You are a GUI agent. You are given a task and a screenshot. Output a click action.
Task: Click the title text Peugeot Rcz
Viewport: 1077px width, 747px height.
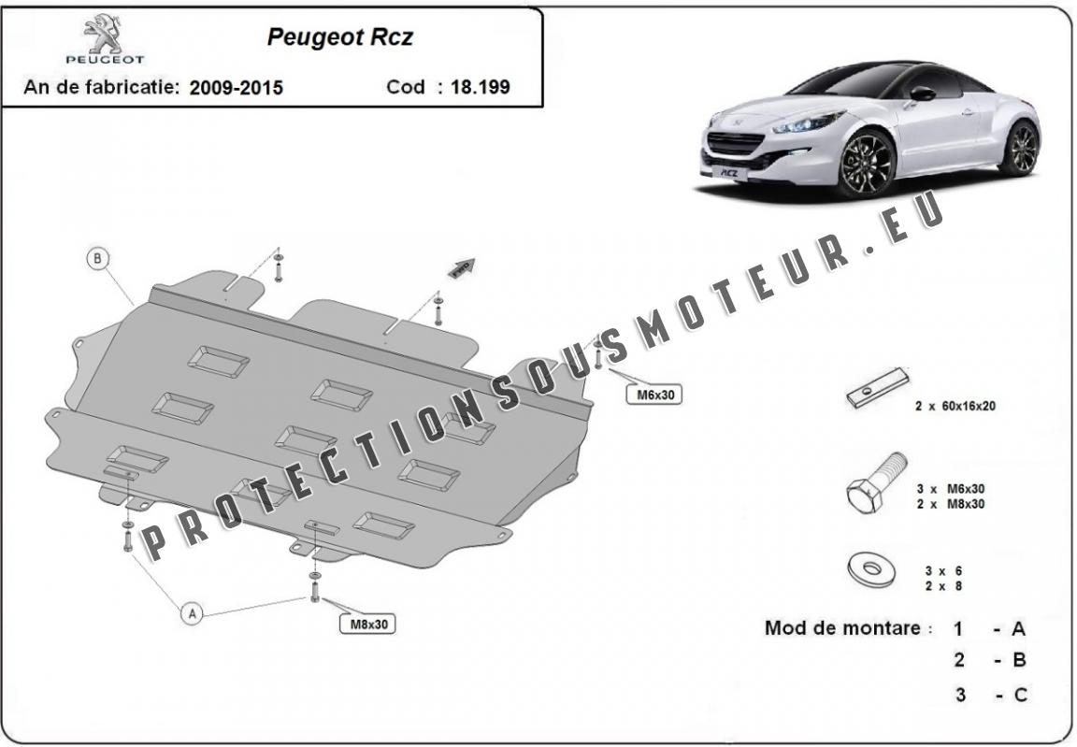[340, 36]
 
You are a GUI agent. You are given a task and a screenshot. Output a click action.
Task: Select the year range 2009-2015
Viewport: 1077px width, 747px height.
[237, 87]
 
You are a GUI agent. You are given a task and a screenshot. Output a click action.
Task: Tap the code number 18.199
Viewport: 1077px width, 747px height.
[481, 87]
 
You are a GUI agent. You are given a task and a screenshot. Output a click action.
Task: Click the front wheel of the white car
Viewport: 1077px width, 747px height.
[868, 164]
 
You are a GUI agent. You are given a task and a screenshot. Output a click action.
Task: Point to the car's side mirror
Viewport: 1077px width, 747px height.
[922, 93]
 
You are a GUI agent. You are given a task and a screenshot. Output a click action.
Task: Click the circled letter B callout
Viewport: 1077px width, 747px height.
[98, 259]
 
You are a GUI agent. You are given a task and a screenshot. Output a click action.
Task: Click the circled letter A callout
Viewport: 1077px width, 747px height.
[193, 613]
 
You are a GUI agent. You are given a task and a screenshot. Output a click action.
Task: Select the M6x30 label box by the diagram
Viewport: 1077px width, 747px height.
[654, 395]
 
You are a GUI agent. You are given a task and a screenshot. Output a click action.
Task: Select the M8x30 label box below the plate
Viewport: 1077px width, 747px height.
[368, 625]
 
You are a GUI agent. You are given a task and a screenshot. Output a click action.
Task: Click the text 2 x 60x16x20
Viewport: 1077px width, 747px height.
[955, 406]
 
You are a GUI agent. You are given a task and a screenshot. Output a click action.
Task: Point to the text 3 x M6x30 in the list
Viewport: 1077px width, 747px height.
[951, 489]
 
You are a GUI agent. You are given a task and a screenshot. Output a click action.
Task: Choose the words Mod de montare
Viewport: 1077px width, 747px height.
[842, 627]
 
